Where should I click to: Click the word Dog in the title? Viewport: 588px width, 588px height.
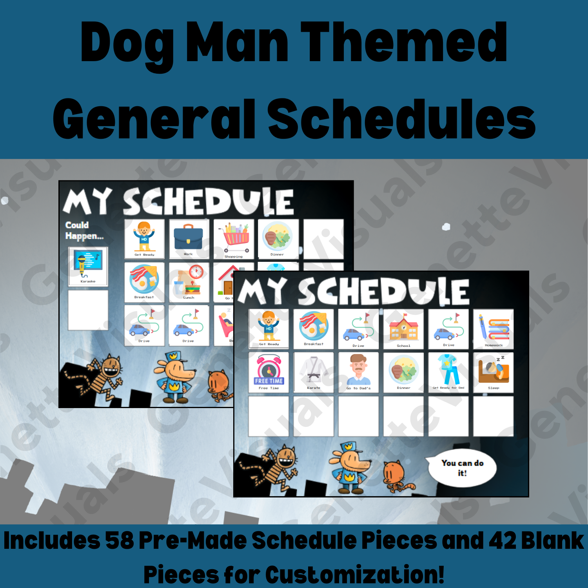[x=127, y=43]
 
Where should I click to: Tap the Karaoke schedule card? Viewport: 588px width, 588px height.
[x=88, y=266]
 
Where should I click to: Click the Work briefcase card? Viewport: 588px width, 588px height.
[x=189, y=239]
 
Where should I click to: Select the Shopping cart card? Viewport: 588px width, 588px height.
[x=234, y=239]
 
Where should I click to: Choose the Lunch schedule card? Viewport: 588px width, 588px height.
[x=189, y=282]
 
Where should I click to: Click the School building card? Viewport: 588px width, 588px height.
[x=403, y=329]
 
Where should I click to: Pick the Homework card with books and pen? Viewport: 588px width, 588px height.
[x=493, y=329]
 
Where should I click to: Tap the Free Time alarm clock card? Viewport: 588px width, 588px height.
[x=269, y=372]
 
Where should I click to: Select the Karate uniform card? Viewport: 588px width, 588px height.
[x=314, y=372]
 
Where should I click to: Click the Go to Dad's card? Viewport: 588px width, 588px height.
[x=358, y=372]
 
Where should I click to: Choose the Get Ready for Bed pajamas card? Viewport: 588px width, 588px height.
[x=448, y=372]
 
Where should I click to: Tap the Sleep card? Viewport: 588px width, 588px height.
[x=493, y=372]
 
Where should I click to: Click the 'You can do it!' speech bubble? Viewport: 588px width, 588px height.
[x=462, y=468]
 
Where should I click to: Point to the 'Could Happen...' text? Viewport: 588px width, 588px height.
[x=84, y=230]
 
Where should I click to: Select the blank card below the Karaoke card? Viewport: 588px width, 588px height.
[x=88, y=310]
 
